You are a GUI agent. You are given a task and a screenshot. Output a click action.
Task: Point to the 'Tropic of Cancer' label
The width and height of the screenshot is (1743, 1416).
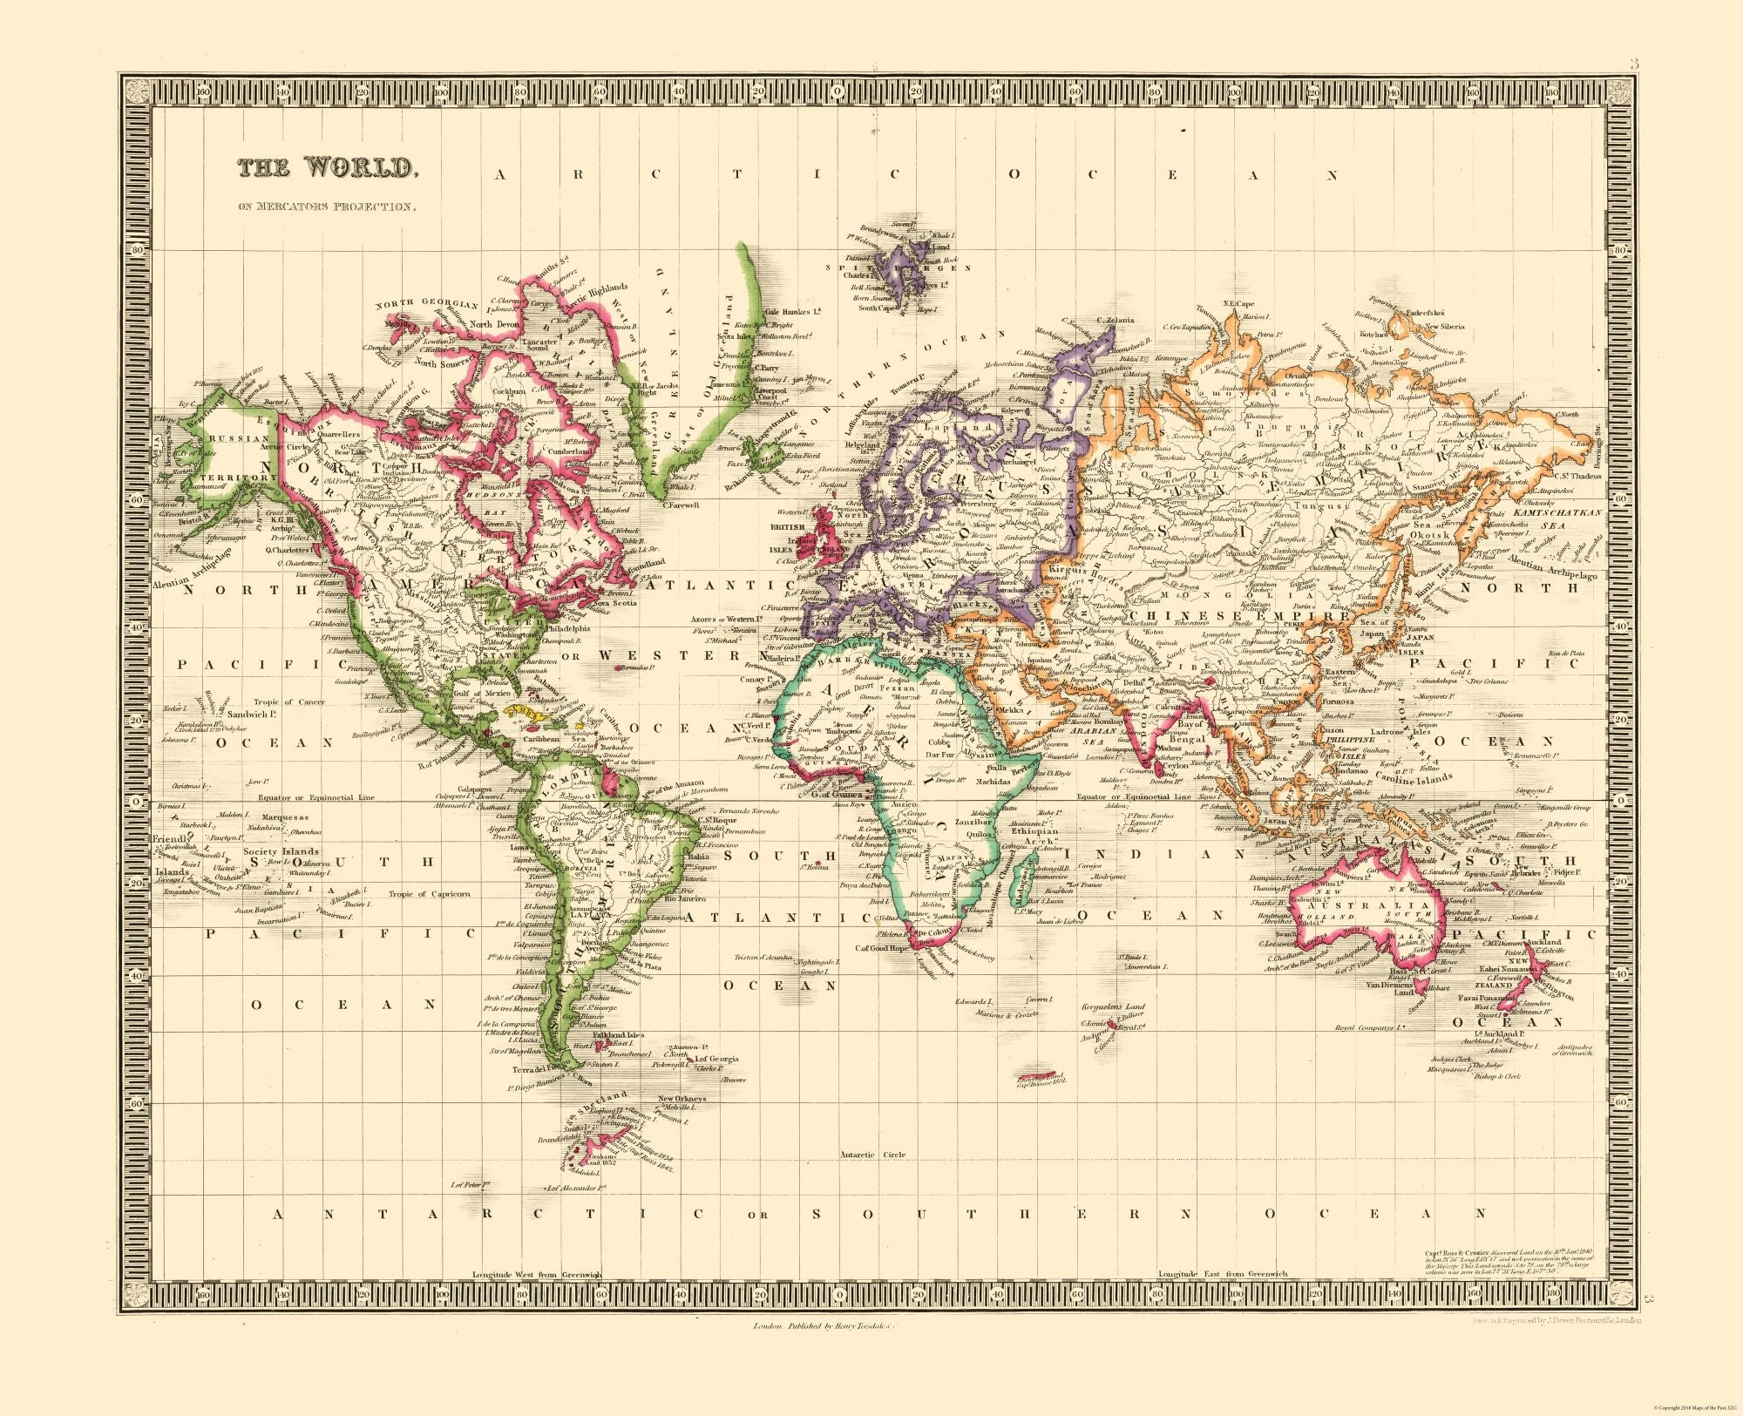pos(290,701)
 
